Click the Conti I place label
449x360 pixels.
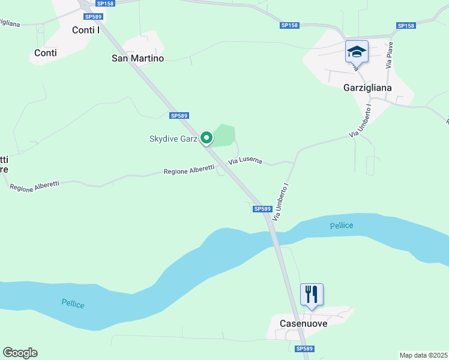coord(85,29)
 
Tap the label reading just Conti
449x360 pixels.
coord(46,53)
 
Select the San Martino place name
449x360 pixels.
coord(138,58)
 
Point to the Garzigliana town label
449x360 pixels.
coord(367,88)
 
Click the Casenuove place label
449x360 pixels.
coord(304,323)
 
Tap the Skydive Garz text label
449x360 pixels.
coord(173,139)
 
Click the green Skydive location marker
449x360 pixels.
coord(206,138)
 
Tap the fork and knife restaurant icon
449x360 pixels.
coord(312,294)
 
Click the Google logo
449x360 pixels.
coord(20,353)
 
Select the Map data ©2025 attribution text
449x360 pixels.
coord(424,355)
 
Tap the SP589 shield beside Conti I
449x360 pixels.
coord(94,17)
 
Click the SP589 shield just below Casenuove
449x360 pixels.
coord(305,349)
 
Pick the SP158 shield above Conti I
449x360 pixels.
coord(104,4)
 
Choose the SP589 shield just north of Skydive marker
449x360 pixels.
coord(179,116)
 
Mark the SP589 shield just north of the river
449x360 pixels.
coord(262,209)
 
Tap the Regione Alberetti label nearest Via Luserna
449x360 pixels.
coord(189,171)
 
